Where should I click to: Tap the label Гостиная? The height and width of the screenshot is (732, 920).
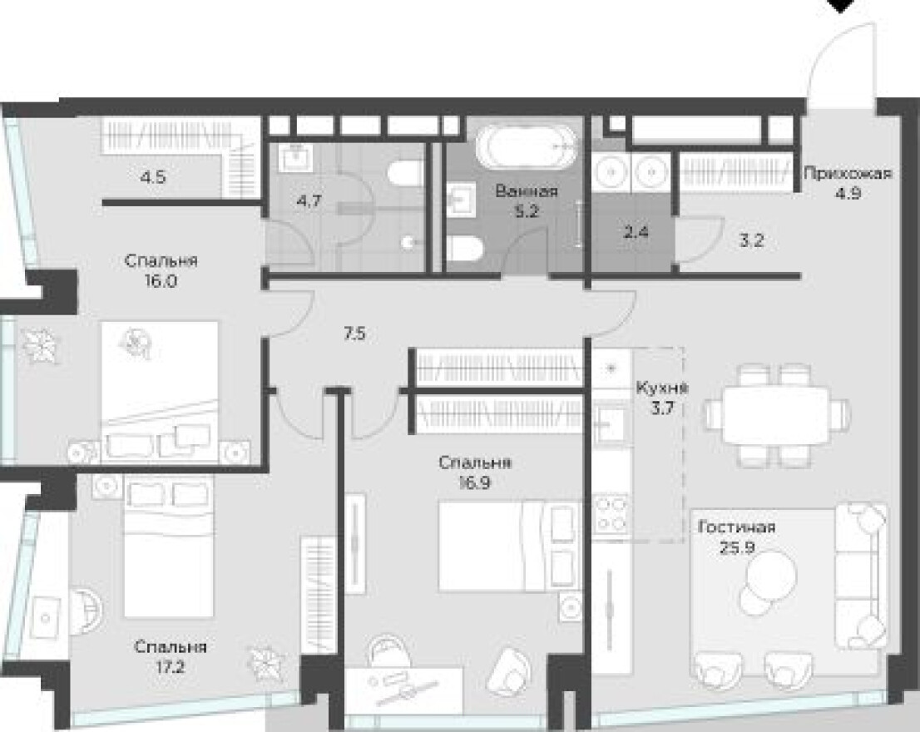736,527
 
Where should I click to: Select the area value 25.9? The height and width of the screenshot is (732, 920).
737,548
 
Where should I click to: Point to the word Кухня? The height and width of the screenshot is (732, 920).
662,388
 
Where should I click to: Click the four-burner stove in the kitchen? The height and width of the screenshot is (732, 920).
612,514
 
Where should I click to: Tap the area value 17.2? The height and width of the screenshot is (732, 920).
171,667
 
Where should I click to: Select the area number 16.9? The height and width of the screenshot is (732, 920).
475,482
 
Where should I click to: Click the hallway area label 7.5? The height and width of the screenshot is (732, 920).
354,334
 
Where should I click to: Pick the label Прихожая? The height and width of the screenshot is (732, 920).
848,173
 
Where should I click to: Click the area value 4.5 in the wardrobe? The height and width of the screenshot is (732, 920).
153,176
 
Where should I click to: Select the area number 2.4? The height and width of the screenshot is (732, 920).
636,232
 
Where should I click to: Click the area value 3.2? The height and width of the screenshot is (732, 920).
751,240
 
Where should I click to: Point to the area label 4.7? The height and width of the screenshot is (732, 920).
309,201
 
